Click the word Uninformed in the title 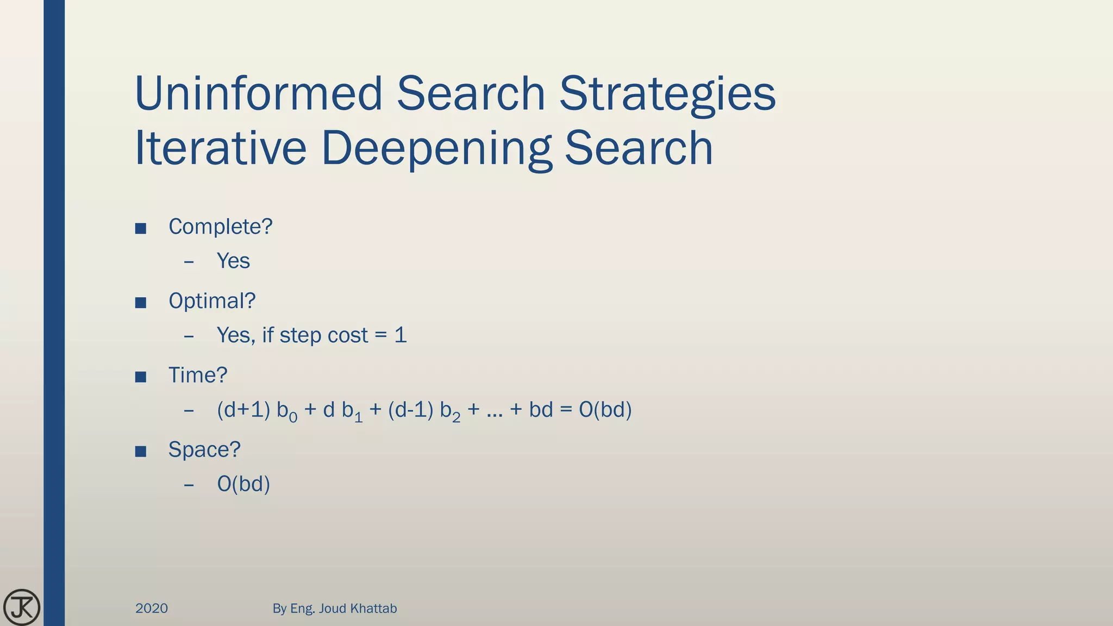click(259, 93)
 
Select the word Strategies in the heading click(667, 95)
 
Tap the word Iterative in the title click(220, 148)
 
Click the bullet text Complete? click(220, 227)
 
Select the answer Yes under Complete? click(233, 261)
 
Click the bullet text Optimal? click(212, 301)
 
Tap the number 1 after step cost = click(401, 335)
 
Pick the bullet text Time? click(198, 375)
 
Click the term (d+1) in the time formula click(243, 410)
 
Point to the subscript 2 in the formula click(456, 418)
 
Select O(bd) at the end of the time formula click(605, 410)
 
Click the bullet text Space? click(204, 450)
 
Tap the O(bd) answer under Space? click(243, 484)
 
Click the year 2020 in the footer click(152, 608)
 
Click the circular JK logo click(22, 607)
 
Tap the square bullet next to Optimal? click(141, 303)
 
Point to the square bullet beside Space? click(141, 452)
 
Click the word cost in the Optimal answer click(348, 335)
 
